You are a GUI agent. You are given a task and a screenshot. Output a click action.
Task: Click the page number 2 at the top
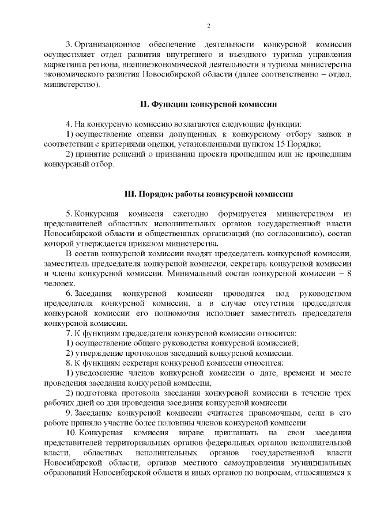(208, 26)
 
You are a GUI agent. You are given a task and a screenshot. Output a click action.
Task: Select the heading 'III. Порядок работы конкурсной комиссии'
(209, 193)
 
